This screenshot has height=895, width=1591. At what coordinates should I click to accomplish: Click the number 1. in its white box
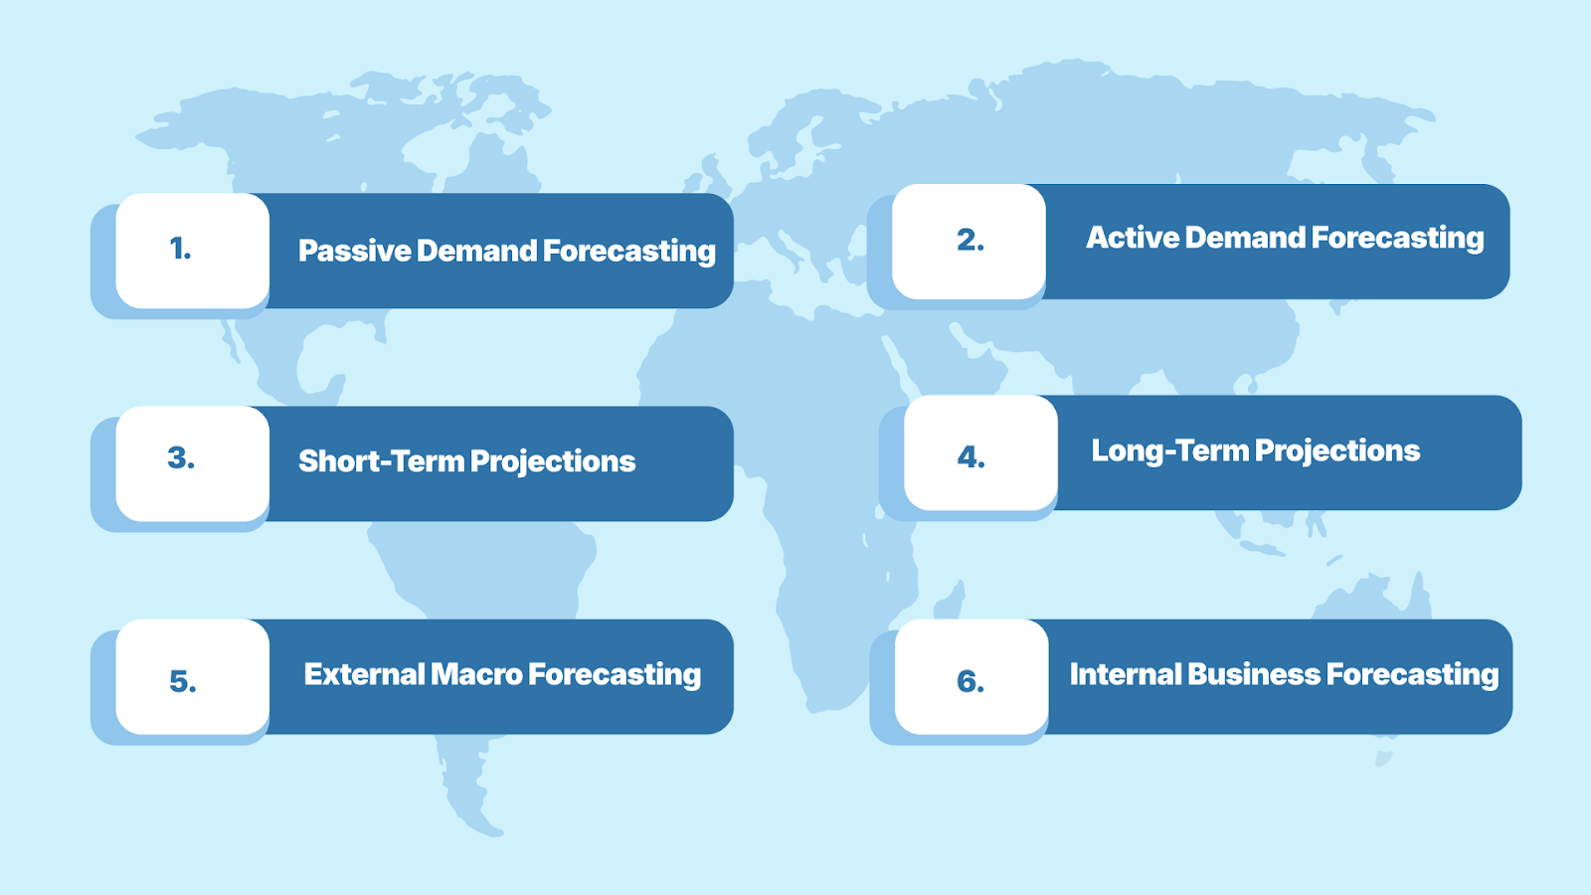(180, 249)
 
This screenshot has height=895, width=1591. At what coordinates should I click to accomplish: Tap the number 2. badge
(971, 240)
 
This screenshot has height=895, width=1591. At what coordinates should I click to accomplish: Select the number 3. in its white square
(181, 458)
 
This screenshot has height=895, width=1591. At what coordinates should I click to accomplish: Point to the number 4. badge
(971, 456)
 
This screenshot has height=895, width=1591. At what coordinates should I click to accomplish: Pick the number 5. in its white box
(183, 681)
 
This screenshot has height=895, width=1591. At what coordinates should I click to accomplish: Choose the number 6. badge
(971, 681)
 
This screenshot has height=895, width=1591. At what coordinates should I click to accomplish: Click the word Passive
(354, 251)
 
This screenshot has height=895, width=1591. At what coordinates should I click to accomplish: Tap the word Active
(1133, 238)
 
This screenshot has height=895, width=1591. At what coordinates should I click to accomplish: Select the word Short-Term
(380, 461)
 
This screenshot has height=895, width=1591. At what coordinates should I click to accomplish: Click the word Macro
(476, 674)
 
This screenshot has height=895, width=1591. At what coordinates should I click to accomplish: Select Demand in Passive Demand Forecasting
(476, 251)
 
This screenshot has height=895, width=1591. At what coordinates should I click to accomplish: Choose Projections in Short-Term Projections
(553, 462)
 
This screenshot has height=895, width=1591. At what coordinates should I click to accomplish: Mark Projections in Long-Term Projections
(1337, 451)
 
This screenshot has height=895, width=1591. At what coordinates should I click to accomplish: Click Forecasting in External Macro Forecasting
(615, 675)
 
